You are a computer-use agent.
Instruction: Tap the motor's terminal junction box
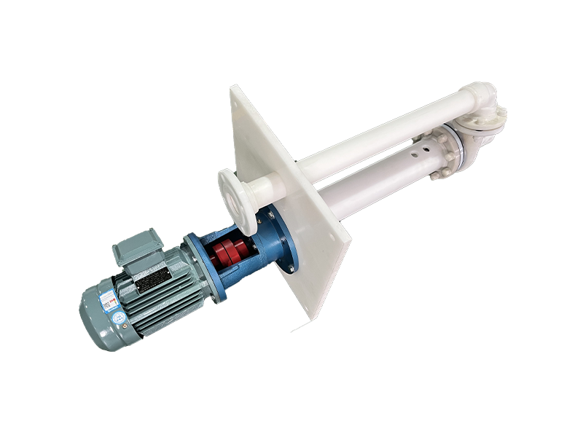(x=136, y=246)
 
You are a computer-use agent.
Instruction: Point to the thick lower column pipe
(x=372, y=178)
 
